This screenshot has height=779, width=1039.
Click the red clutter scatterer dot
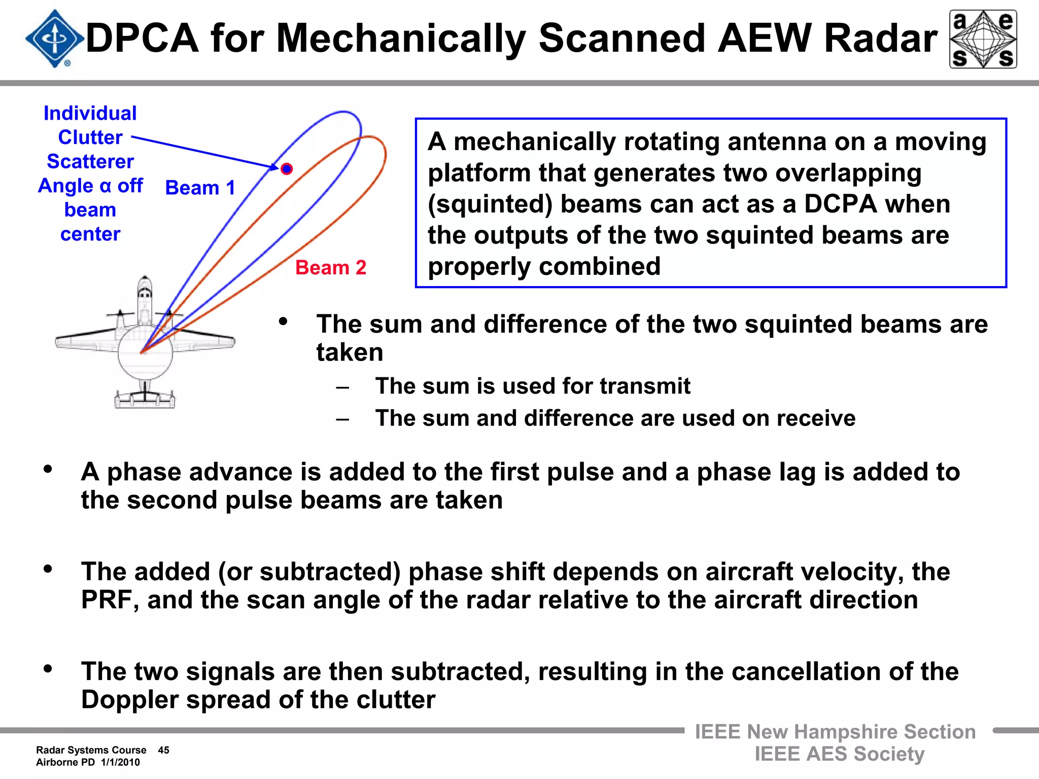(x=287, y=169)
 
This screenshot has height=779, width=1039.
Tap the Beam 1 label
(x=200, y=188)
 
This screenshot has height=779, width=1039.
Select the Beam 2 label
(x=331, y=267)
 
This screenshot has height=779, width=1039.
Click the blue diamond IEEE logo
(x=55, y=39)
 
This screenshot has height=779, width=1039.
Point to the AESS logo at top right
(x=983, y=39)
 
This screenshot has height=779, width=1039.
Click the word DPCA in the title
(x=142, y=39)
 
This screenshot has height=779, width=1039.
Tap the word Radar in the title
(x=881, y=39)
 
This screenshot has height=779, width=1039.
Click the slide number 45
(x=163, y=750)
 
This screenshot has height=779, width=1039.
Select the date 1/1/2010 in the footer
(x=120, y=762)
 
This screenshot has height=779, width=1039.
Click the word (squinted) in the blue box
(x=490, y=204)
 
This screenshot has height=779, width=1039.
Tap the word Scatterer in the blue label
(x=90, y=161)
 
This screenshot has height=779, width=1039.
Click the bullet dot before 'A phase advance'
(x=48, y=469)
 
